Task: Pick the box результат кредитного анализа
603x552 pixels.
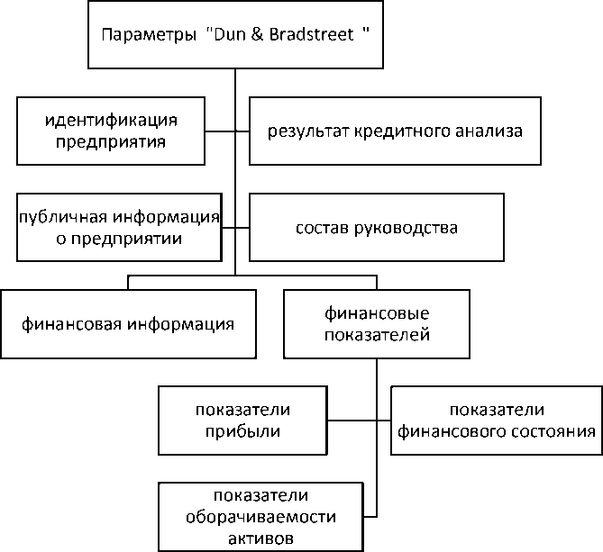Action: [394, 131]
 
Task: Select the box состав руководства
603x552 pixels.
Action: [377, 227]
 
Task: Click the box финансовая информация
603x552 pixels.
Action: [128, 323]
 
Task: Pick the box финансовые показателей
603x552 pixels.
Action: [376, 323]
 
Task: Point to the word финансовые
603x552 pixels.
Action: [376, 313]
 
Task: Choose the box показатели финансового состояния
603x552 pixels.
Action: [496, 420]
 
